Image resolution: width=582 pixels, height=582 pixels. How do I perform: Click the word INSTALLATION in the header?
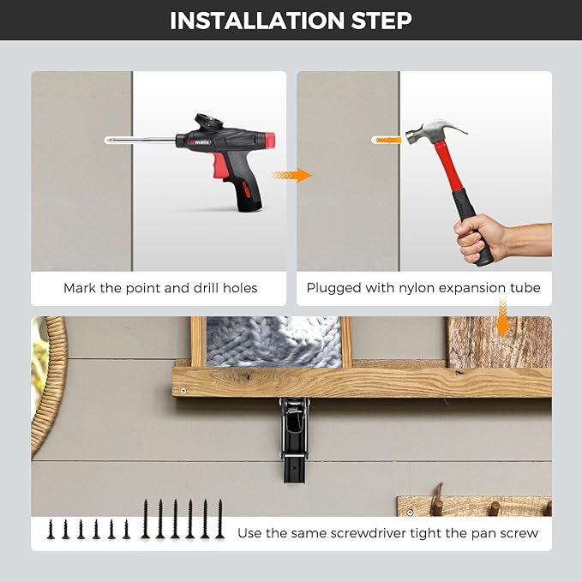pos(257,21)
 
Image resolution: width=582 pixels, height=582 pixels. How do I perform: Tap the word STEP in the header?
pos(381,21)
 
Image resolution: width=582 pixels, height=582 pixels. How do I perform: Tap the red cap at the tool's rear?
pos(270,139)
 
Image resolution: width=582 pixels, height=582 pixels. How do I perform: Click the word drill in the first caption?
pos(206,288)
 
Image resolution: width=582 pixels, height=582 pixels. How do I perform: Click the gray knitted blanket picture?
pos(273,341)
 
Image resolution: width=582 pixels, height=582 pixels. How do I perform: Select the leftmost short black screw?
pos(51,530)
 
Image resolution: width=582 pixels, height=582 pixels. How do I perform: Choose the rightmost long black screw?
pos(220,519)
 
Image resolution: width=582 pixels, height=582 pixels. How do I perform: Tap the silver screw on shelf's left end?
pos(183,391)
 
